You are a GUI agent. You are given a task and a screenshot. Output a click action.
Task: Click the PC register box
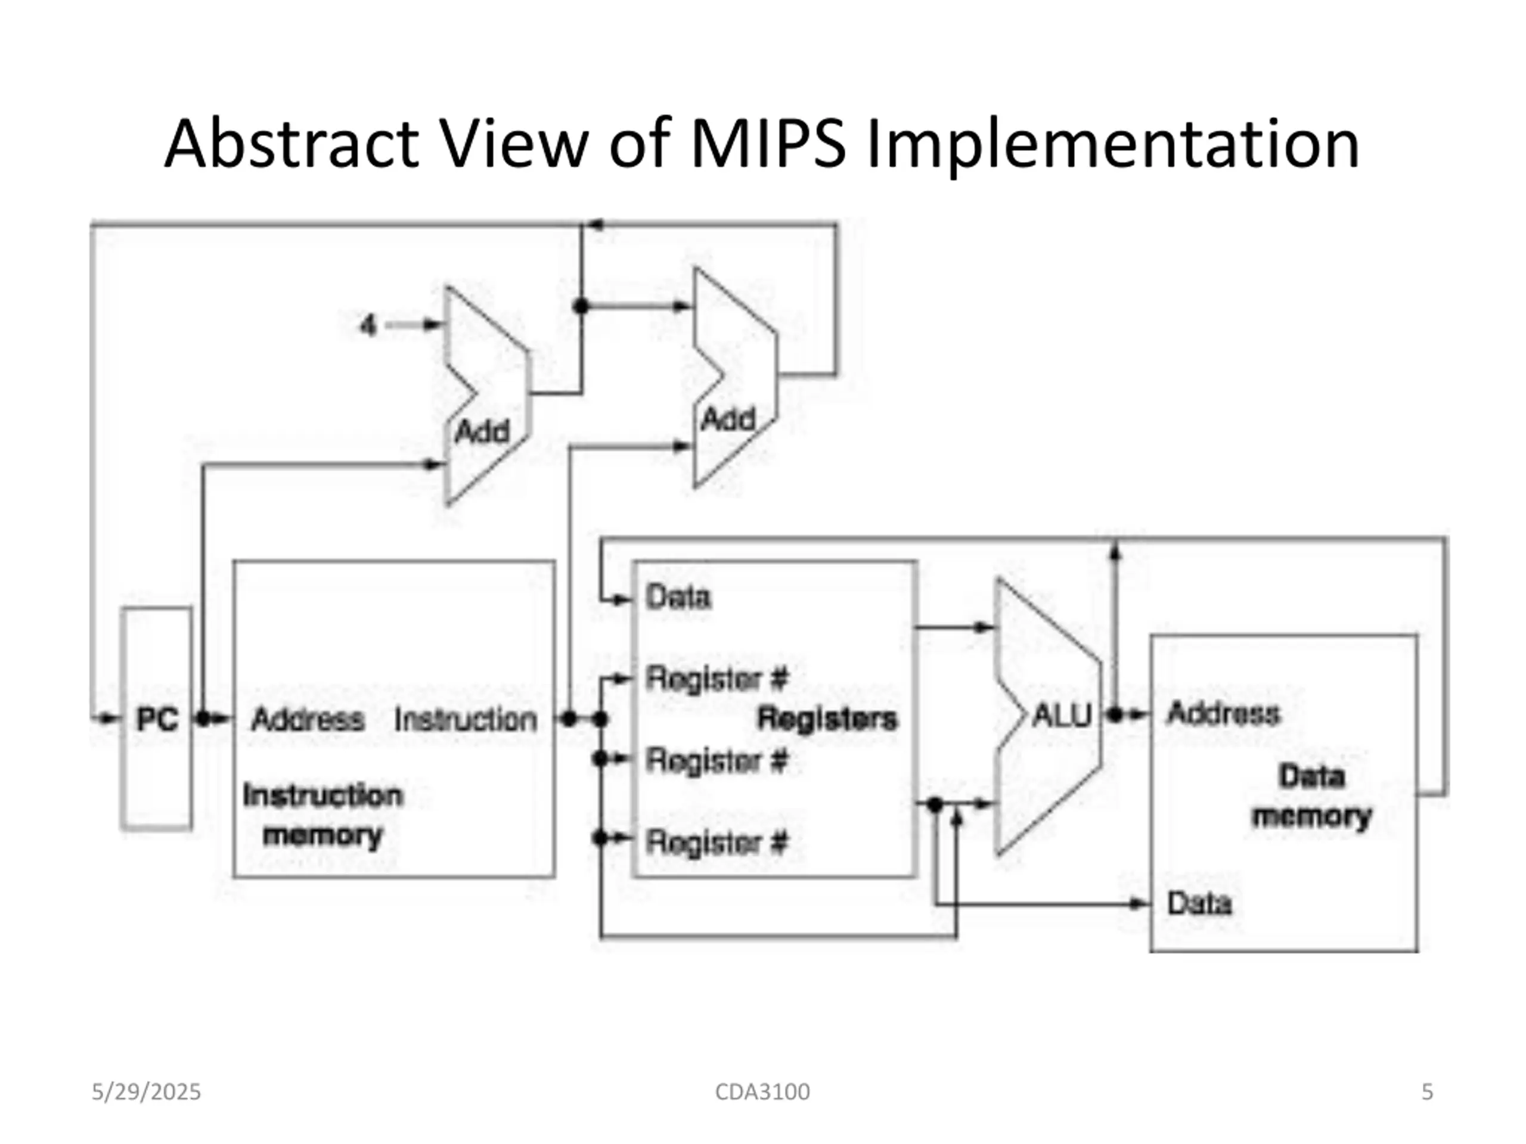[157, 719]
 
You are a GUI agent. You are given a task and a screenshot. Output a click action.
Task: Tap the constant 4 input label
[369, 325]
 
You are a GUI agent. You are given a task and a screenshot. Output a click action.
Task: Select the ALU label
[1062, 716]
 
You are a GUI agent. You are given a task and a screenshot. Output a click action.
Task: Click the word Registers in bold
[827, 719]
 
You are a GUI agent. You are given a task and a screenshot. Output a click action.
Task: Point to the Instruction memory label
[323, 815]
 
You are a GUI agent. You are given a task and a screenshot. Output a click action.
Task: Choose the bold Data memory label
[1311, 797]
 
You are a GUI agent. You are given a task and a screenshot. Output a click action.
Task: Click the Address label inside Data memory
[1223, 713]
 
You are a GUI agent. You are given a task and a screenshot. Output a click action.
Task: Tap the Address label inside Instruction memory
[308, 720]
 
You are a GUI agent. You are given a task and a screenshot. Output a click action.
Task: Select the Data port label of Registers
[677, 597]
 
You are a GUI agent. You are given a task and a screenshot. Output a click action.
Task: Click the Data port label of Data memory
[1199, 903]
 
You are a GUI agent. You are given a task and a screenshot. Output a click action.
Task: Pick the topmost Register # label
[716, 679]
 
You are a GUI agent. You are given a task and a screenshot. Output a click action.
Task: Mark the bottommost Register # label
[716, 843]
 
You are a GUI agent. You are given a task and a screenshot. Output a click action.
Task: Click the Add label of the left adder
[482, 433]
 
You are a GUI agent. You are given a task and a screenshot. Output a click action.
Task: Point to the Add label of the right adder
[728, 419]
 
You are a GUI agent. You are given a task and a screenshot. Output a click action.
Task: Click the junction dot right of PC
[203, 719]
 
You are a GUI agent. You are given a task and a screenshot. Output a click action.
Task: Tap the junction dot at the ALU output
[1115, 714]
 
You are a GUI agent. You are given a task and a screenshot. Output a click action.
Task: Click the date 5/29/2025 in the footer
[146, 1092]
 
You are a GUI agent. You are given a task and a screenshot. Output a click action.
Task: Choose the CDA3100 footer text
[762, 1092]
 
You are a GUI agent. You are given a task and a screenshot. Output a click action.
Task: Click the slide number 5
[1428, 1092]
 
